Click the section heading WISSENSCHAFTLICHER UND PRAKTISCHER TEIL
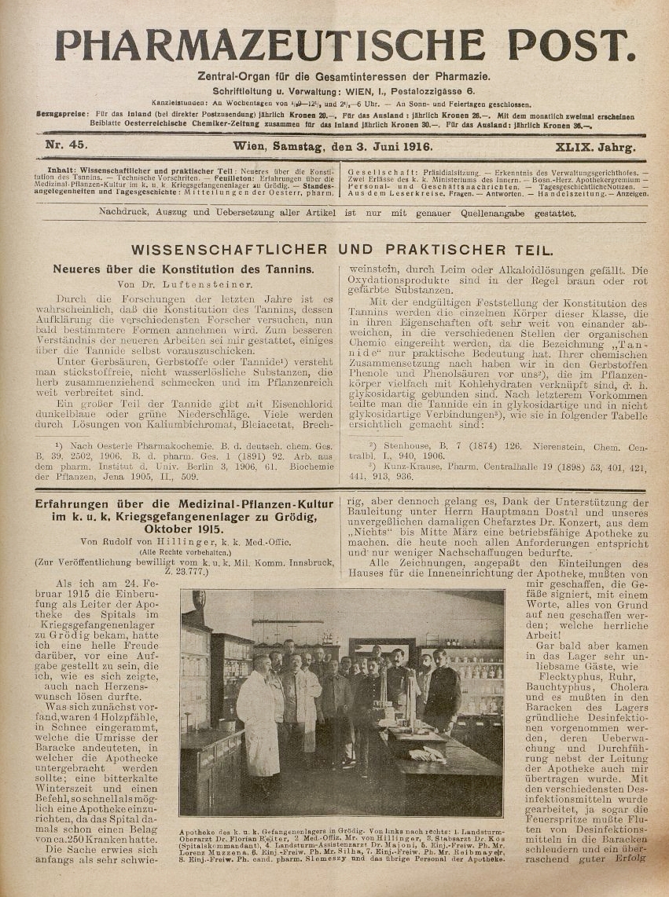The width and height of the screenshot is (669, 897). coord(341,250)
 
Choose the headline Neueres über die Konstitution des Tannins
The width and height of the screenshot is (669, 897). coord(183,269)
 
